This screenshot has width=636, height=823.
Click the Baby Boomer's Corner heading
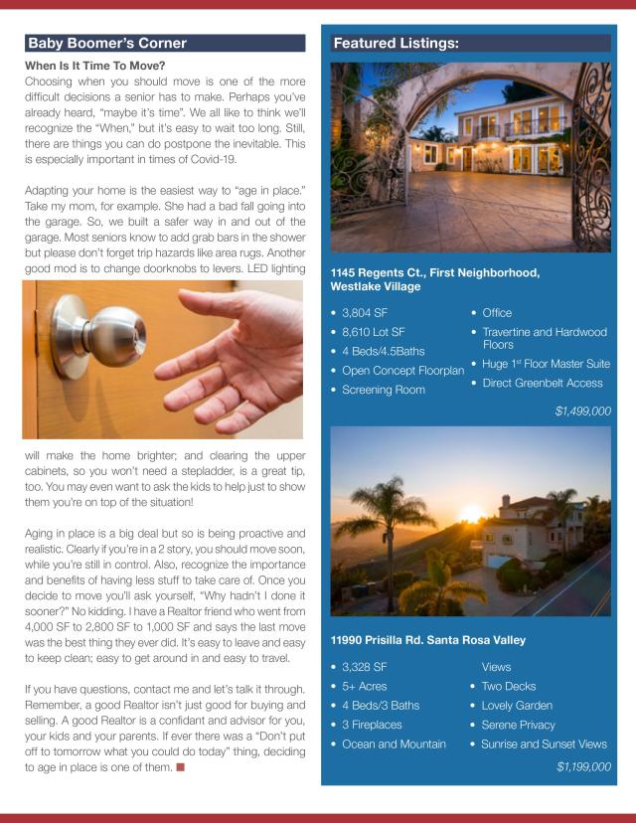(x=107, y=44)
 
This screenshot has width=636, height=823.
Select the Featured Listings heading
(x=396, y=44)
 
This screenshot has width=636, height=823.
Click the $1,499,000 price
(x=582, y=410)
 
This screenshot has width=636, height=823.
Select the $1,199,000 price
(x=582, y=766)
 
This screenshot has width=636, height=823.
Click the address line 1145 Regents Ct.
(x=434, y=272)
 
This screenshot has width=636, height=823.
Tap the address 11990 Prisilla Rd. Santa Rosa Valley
(x=428, y=640)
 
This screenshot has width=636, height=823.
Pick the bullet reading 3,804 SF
(x=364, y=313)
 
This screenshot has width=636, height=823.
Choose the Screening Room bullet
(x=383, y=390)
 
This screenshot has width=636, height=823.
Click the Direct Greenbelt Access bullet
(x=542, y=383)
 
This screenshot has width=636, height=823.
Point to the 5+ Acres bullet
(x=364, y=686)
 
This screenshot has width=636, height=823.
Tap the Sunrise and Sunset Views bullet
(x=543, y=743)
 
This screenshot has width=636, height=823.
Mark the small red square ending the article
(x=181, y=767)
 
